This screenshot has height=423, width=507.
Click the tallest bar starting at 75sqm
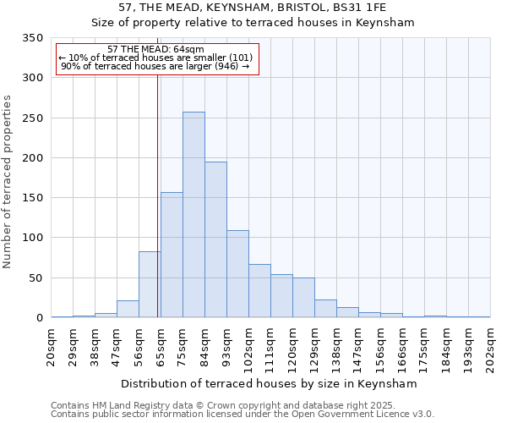point(194,215)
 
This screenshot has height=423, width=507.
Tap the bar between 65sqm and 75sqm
point(172,255)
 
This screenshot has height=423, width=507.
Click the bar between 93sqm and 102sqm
point(237,274)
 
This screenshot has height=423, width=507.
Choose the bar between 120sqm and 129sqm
point(303,298)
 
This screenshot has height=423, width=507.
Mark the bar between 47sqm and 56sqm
point(128,309)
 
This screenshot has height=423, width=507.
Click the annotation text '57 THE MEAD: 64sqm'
point(156,50)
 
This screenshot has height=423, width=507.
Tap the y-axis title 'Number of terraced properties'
point(8,182)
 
